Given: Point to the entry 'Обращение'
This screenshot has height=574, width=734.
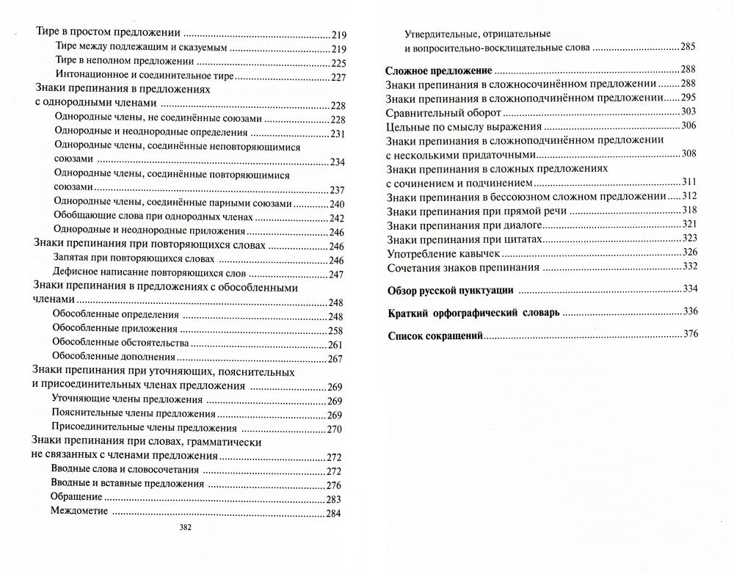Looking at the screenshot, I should (78, 498).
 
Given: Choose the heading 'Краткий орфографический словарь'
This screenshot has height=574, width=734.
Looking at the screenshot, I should (473, 312).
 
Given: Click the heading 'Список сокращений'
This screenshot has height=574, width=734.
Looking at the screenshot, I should (434, 335).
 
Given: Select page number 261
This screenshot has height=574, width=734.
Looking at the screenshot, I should (337, 344).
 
